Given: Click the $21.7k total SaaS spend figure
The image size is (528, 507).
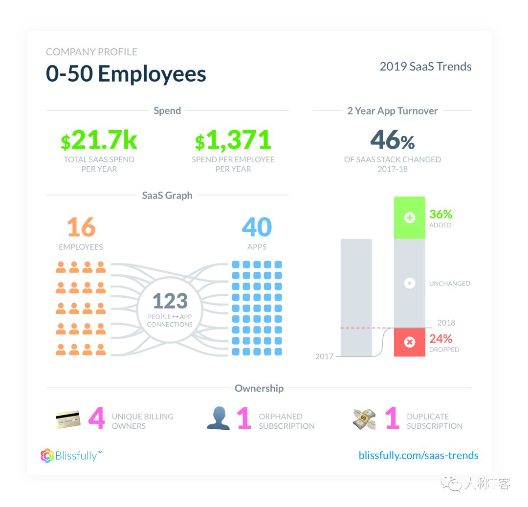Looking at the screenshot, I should click(x=99, y=141).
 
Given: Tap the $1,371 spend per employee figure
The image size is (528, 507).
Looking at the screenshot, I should click(x=233, y=141).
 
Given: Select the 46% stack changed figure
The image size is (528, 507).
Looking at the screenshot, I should click(x=392, y=140).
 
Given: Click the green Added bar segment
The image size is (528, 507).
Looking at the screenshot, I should click(x=409, y=218).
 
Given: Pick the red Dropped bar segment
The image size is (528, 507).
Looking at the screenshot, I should click(x=409, y=342).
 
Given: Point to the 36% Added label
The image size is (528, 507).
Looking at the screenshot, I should click(x=440, y=214).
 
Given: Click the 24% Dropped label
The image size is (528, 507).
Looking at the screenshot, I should click(x=440, y=339).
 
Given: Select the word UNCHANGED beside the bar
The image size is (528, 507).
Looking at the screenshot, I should click(x=449, y=284).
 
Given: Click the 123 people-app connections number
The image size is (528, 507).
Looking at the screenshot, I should click(x=170, y=301).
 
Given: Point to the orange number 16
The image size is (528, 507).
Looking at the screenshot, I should click(x=81, y=227).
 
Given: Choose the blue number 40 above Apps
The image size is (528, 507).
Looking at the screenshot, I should click(x=257, y=227).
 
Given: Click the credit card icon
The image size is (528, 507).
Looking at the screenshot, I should click(x=68, y=420).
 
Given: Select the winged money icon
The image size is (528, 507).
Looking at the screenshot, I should click(x=364, y=419).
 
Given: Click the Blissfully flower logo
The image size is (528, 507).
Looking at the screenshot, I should click(x=47, y=456).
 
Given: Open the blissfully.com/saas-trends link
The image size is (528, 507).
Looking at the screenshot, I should click(x=418, y=455).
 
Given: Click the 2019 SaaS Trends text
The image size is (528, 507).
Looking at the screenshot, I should click(x=425, y=66).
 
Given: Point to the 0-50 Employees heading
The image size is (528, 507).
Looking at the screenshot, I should click(x=126, y=74).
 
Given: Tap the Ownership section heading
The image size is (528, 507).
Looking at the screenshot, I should click(x=259, y=388).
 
